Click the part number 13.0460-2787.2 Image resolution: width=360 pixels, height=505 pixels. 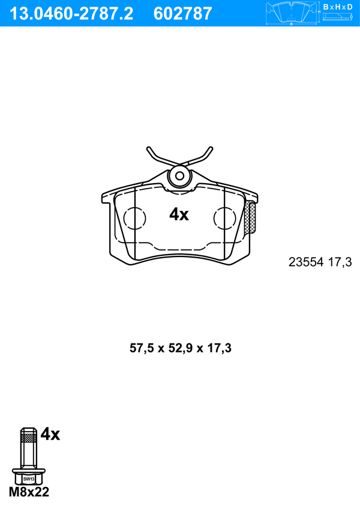click(71, 14)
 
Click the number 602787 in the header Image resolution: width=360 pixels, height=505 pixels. click(182, 14)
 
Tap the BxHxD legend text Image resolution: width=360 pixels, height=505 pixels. click(337, 7)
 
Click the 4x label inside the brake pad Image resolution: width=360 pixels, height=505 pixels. click(179, 214)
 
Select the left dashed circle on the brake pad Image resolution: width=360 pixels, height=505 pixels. click(134, 218)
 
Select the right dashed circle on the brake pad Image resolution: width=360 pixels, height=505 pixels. click(224, 218)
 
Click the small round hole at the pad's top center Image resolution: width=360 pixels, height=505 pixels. click(180, 176)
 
